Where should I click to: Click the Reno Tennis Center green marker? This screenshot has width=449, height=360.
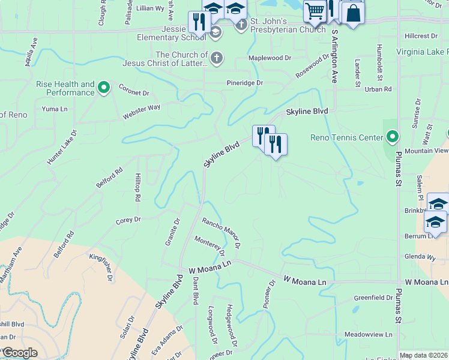(393, 137)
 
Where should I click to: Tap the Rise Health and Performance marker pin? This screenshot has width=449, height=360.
(104, 88)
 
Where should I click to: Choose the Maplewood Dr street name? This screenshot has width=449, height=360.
(270, 58)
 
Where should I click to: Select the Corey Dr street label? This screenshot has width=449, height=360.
(128, 220)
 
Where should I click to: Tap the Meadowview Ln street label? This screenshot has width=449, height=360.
(368, 334)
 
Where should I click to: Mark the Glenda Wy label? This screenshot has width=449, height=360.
(420, 257)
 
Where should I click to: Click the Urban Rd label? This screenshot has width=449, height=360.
(378, 89)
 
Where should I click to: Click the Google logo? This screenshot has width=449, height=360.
(20, 353)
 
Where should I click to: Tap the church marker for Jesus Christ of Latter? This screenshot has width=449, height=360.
(217, 58)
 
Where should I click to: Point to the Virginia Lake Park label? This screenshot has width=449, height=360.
(422, 52)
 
